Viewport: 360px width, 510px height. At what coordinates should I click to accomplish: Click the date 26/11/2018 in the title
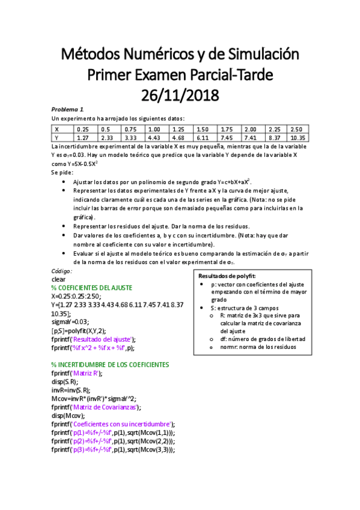[x=180, y=94]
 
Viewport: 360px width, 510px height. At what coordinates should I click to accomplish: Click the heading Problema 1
[x=67, y=109]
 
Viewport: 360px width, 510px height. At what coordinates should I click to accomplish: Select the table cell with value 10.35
[x=299, y=137]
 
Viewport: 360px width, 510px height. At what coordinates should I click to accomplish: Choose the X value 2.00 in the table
[x=251, y=129]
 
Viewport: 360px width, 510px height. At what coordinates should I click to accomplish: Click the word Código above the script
[x=62, y=271]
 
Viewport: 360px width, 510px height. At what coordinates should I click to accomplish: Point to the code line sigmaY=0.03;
[x=72, y=322]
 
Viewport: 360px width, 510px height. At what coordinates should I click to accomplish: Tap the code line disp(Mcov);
[x=69, y=415]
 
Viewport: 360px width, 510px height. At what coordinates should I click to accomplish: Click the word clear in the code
[x=59, y=279]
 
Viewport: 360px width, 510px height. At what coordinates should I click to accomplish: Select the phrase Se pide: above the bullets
[x=62, y=172]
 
